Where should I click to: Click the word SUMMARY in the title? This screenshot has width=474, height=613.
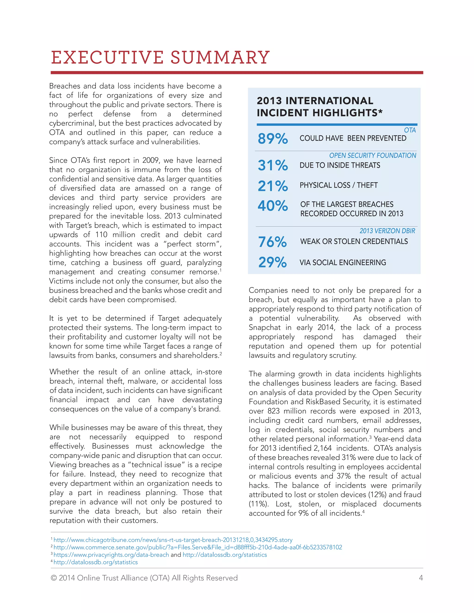click(220, 58)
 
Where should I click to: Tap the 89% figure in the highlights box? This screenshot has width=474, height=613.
click(272, 138)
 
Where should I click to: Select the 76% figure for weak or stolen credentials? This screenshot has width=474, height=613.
click(272, 242)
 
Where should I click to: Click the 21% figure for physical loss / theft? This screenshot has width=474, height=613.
click(272, 186)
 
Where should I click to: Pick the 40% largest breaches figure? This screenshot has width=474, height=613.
click(272, 206)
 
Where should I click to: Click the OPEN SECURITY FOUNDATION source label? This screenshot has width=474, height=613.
click(372, 155)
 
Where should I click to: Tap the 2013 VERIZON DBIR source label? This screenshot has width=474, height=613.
click(387, 231)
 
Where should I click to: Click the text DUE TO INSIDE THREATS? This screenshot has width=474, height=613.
click(340, 165)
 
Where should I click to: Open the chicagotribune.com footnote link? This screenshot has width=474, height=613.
click(173, 540)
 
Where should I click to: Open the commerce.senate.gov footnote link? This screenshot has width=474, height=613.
click(197, 547)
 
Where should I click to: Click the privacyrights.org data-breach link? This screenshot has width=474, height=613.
click(111, 555)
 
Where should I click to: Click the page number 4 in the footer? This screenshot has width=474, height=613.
click(421, 578)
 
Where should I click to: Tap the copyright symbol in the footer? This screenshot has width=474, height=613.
click(54, 578)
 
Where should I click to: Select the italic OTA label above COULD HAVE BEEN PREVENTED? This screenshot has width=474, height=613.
click(410, 130)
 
